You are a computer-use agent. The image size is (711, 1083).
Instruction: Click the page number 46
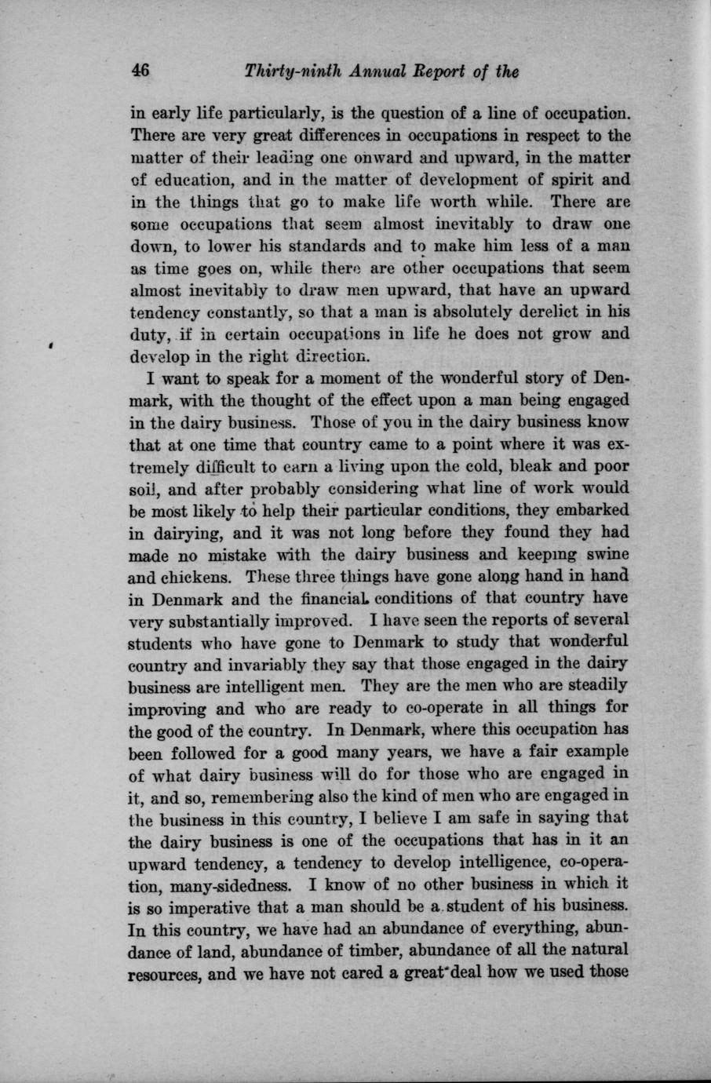(x=140, y=71)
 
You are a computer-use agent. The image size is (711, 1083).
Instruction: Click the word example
(x=587, y=751)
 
